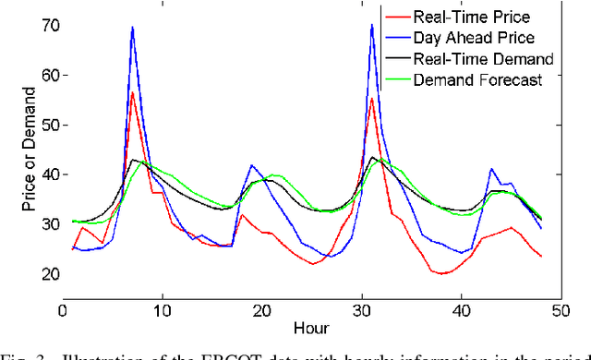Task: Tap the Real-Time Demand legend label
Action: (x=484, y=59)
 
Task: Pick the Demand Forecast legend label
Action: (x=476, y=80)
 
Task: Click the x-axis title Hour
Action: (x=312, y=328)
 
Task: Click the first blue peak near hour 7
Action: (x=132, y=28)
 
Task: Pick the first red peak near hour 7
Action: (x=132, y=92)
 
